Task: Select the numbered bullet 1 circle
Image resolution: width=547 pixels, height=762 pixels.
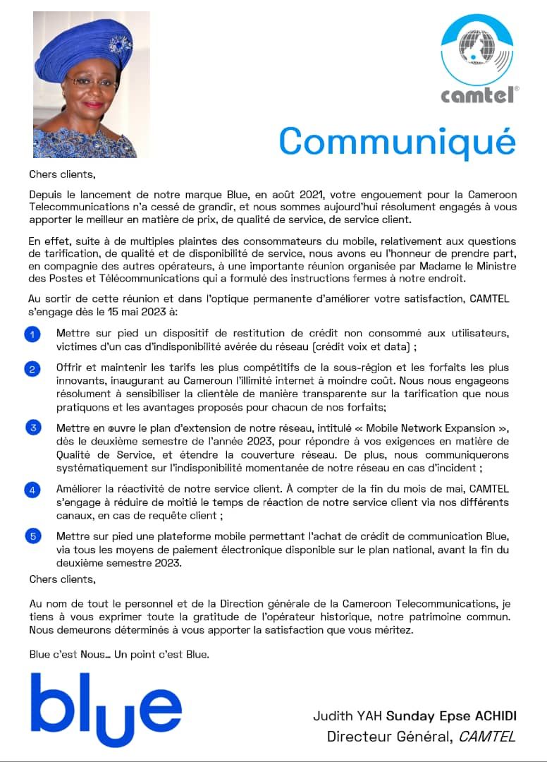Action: coord(32,334)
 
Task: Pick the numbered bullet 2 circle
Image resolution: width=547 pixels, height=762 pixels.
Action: coord(32,370)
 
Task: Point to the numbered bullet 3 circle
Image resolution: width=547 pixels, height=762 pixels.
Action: coord(32,428)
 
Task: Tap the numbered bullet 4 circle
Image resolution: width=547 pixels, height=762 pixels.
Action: coord(32,490)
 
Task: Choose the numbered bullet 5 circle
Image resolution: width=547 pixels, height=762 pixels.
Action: coord(32,537)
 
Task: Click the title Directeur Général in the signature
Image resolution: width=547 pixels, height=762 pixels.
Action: coord(389,737)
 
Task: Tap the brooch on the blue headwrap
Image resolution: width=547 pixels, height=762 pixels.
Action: coord(119,47)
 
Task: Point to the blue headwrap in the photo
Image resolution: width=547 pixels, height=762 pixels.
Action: coord(78,42)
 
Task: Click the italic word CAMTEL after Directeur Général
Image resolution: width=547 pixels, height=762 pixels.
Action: coord(487,737)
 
